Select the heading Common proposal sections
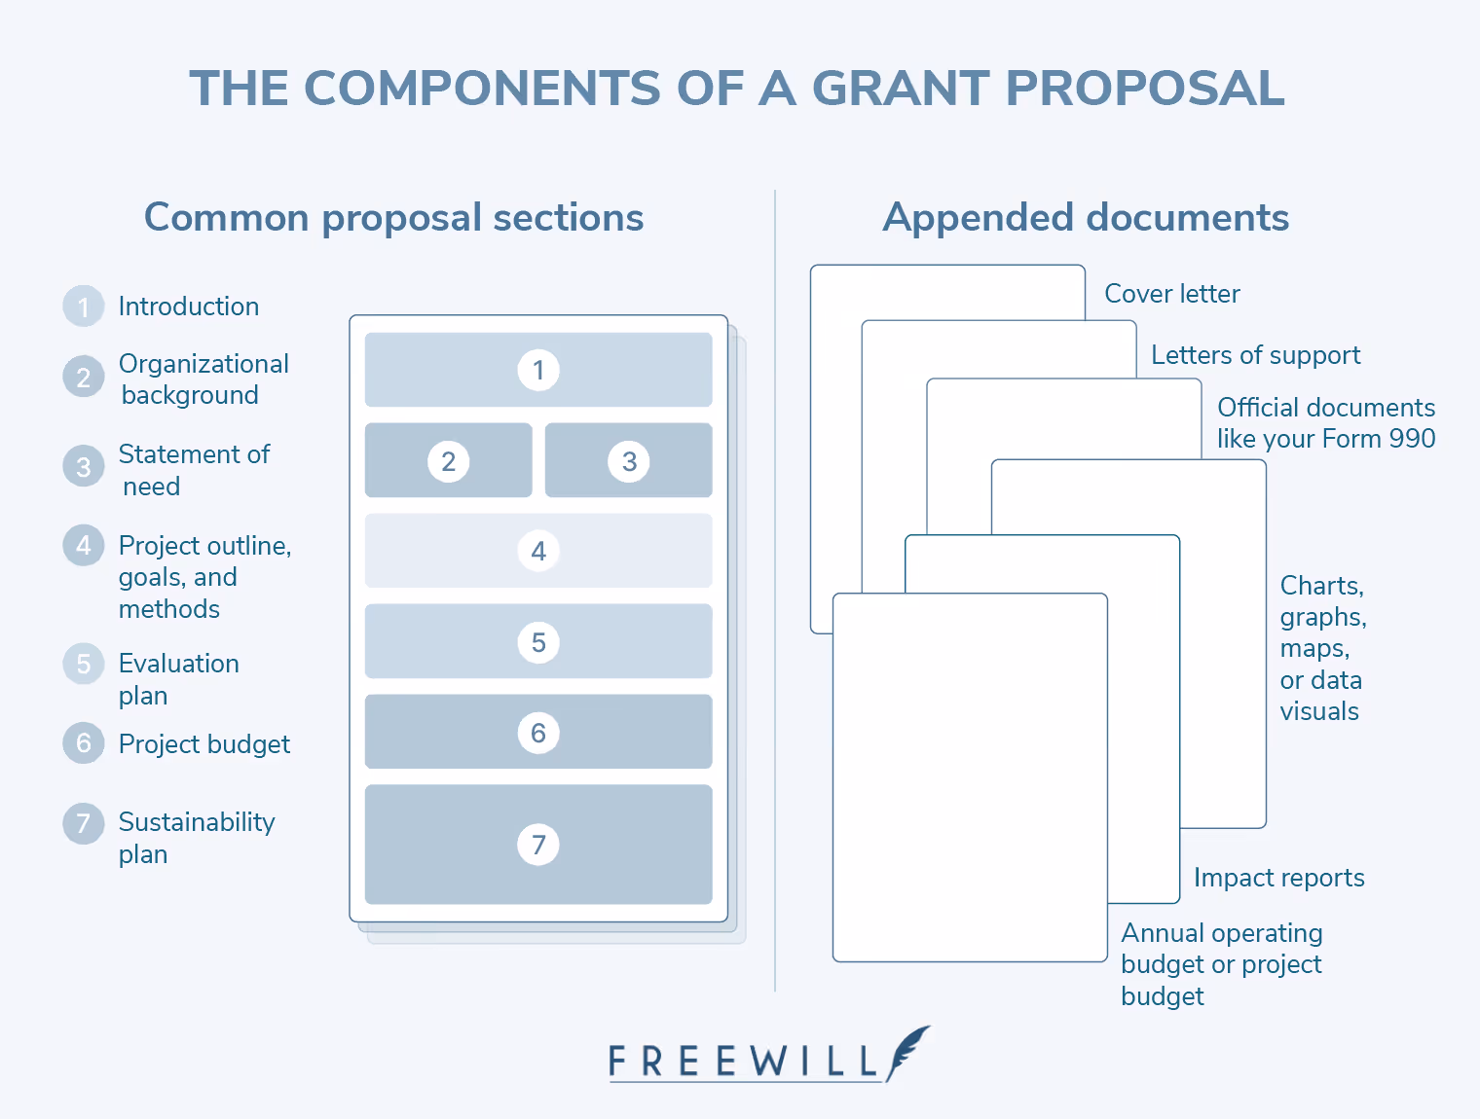click(393, 217)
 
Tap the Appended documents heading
click(1086, 217)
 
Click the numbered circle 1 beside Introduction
click(84, 307)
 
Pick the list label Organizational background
click(203, 379)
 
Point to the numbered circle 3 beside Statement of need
click(84, 467)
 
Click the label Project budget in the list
click(203, 744)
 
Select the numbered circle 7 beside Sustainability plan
click(84, 823)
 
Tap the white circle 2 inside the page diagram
click(448, 461)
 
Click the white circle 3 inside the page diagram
click(629, 461)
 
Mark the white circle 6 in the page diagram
click(538, 733)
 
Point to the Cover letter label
click(1171, 294)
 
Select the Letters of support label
click(1255, 355)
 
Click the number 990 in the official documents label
click(1412, 439)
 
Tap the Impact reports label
click(1278, 878)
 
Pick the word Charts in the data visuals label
click(1320, 586)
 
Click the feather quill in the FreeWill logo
click(907, 1051)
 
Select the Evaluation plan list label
click(178, 679)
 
